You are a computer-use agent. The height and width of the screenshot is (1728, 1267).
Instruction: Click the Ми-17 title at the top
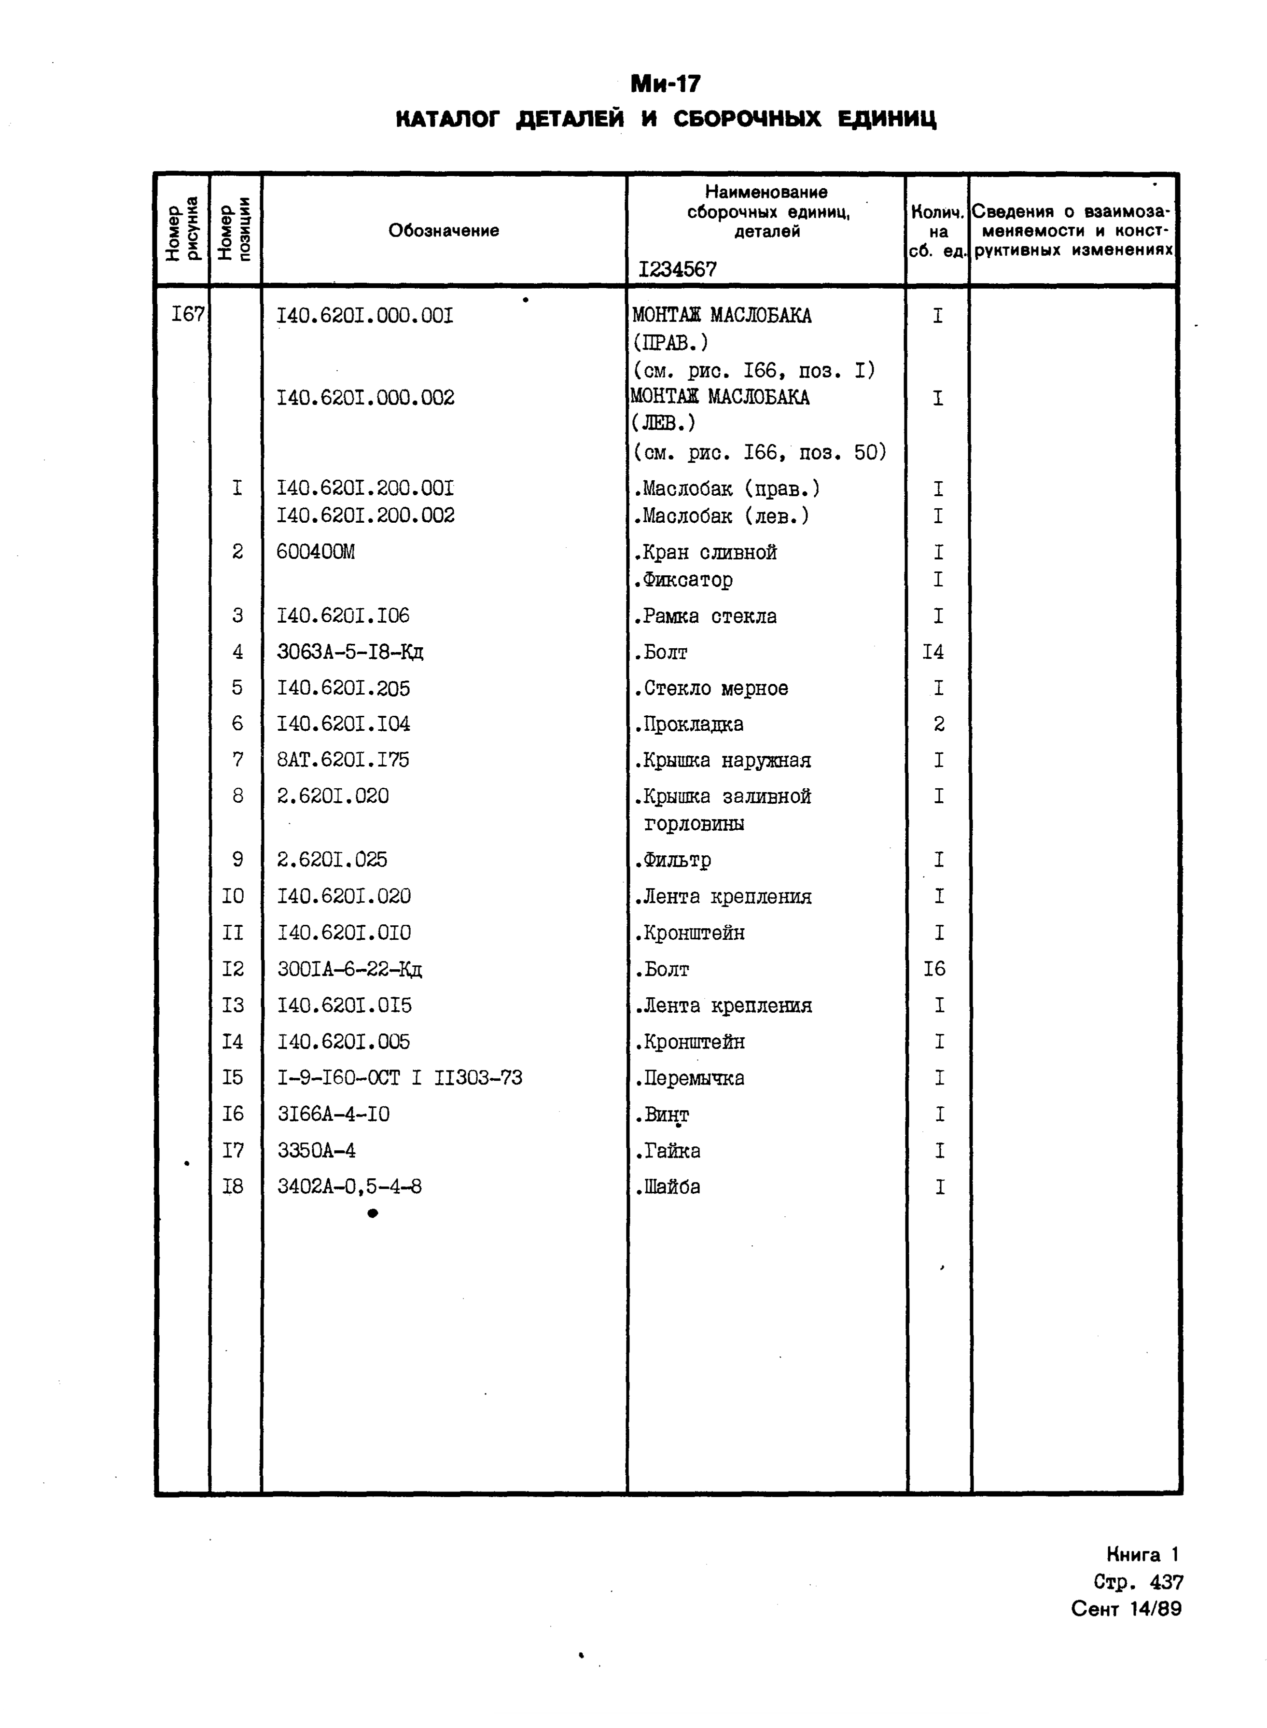665,83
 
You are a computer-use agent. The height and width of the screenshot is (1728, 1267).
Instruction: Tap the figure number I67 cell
187,314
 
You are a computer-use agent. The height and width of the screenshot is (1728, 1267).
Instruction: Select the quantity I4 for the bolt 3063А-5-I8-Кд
933,652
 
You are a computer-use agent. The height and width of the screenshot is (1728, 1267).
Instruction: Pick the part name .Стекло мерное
711,688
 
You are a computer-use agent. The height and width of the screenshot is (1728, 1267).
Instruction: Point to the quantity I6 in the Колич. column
934,969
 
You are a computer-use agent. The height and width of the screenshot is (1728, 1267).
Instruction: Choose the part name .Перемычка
689,1078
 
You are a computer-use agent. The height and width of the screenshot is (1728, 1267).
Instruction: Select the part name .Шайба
667,1186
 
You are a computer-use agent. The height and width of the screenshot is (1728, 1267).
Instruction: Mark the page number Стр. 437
1138,1582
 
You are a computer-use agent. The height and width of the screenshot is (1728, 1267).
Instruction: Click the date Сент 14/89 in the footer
1126,1608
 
